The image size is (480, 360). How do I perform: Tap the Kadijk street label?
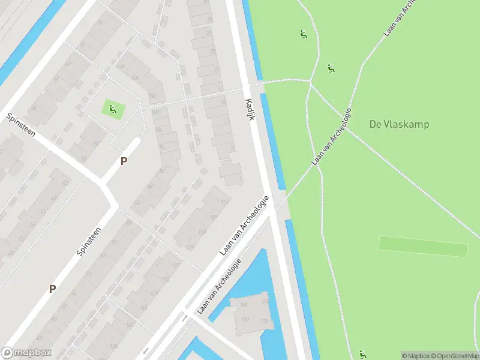(250, 109)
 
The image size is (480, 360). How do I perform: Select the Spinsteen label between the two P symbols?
(89, 239)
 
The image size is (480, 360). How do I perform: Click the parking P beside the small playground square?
(124, 161)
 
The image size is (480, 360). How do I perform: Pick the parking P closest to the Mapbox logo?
(52, 289)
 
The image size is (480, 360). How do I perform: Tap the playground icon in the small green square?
(112, 109)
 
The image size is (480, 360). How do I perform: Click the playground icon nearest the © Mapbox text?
(362, 354)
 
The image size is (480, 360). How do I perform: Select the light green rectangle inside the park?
(422, 246)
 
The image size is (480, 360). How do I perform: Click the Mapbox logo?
(26, 353)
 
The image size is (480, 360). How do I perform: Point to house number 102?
(152, 97)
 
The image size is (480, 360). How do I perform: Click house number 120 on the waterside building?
(264, 321)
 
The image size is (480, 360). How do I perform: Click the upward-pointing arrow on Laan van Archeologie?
(184, 319)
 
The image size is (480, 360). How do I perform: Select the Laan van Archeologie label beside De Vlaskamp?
(331, 138)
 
